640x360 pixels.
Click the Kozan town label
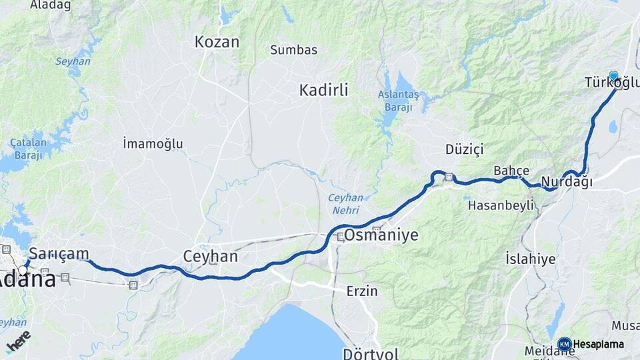point(217,42)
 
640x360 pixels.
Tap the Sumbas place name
point(293,49)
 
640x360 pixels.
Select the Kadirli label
point(323,90)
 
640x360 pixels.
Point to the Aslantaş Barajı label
point(398,100)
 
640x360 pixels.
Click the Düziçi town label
point(464,147)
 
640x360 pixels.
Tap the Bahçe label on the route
point(511,171)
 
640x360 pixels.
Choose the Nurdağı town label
point(567,182)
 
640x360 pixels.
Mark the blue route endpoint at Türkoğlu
point(613,75)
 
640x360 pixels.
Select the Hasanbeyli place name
point(501,205)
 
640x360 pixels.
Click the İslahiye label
point(530,259)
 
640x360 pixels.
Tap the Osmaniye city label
point(381,235)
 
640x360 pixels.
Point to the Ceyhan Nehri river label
point(345,203)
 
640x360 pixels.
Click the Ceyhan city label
point(210,257)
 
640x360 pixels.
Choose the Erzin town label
point(362,291)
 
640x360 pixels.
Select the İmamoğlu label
point(153,143)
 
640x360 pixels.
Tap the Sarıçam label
point(59,253)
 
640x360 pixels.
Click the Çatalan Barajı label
point(27,149)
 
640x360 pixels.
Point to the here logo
point(18,341)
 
